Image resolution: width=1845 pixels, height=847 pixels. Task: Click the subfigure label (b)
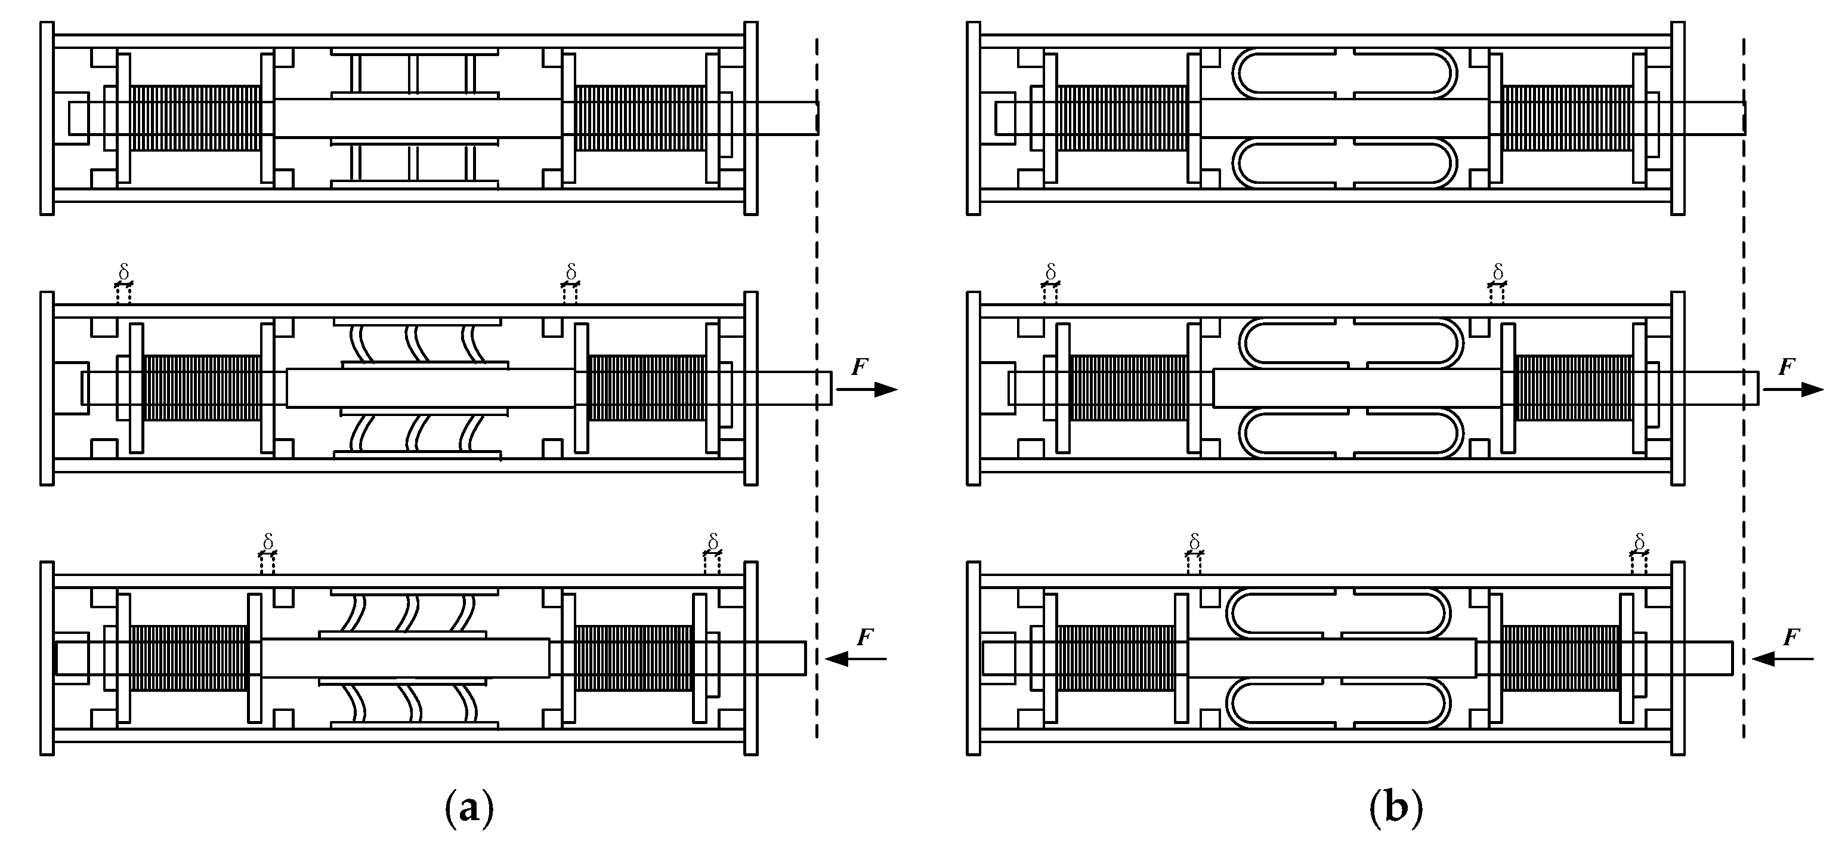click(x=1396, y=809)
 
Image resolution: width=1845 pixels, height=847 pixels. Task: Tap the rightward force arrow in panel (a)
click(x=866, y=390)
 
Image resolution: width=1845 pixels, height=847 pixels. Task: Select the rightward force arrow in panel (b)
click(x=1792, y=390)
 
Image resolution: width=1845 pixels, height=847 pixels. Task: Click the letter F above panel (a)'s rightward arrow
click(x=860, y=368)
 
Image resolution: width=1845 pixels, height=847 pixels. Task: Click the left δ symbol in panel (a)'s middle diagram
click(x=123, y=272)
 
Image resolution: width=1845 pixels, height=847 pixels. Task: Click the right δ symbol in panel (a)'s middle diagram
click(x=571, y=272)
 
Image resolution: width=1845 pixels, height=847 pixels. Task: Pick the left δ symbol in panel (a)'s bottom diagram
click(x=268, y=542)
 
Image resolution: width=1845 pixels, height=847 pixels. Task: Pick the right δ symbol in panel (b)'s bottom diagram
click(x=1639, y=542)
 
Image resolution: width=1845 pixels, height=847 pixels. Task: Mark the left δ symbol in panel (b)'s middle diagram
click(x=1050, y=272)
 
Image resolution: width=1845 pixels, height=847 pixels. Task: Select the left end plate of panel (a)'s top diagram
click(x=47, y=118)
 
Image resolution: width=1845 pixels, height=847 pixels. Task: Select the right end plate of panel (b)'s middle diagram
click(x=1678, y=389)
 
